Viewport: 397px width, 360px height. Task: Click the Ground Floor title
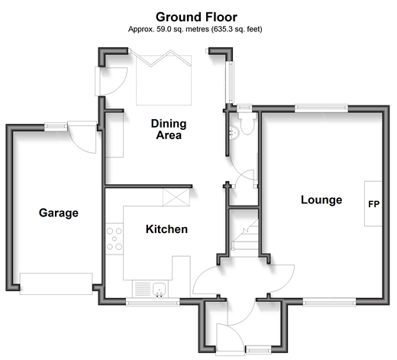196,18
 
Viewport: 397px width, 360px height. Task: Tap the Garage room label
59,213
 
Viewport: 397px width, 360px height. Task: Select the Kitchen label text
166,229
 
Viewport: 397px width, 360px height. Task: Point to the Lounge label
321,200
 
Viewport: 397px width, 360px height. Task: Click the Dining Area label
169,129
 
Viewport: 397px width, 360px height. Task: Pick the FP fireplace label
374,204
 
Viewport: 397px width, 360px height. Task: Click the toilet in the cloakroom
247,124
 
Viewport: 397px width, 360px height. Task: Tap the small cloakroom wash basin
234,132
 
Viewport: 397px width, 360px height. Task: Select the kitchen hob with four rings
115,238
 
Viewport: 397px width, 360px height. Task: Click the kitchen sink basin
160,289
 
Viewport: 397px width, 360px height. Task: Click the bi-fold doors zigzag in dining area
160,58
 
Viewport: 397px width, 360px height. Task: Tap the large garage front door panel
56,284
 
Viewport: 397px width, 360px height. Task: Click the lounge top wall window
321,109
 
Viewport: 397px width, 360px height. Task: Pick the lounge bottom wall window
330,302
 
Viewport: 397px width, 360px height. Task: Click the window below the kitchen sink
153,303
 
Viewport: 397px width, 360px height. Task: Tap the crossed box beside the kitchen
176,197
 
